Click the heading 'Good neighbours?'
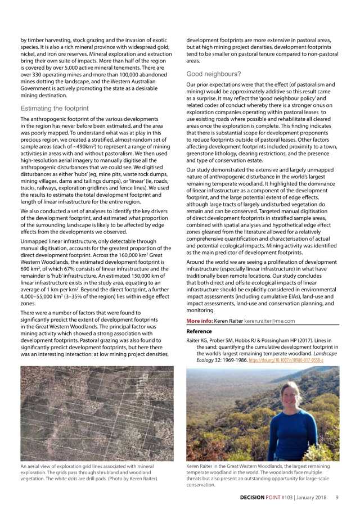click(214, 73)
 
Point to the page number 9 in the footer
click(337, 497)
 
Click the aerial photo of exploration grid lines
click(97, 413)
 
